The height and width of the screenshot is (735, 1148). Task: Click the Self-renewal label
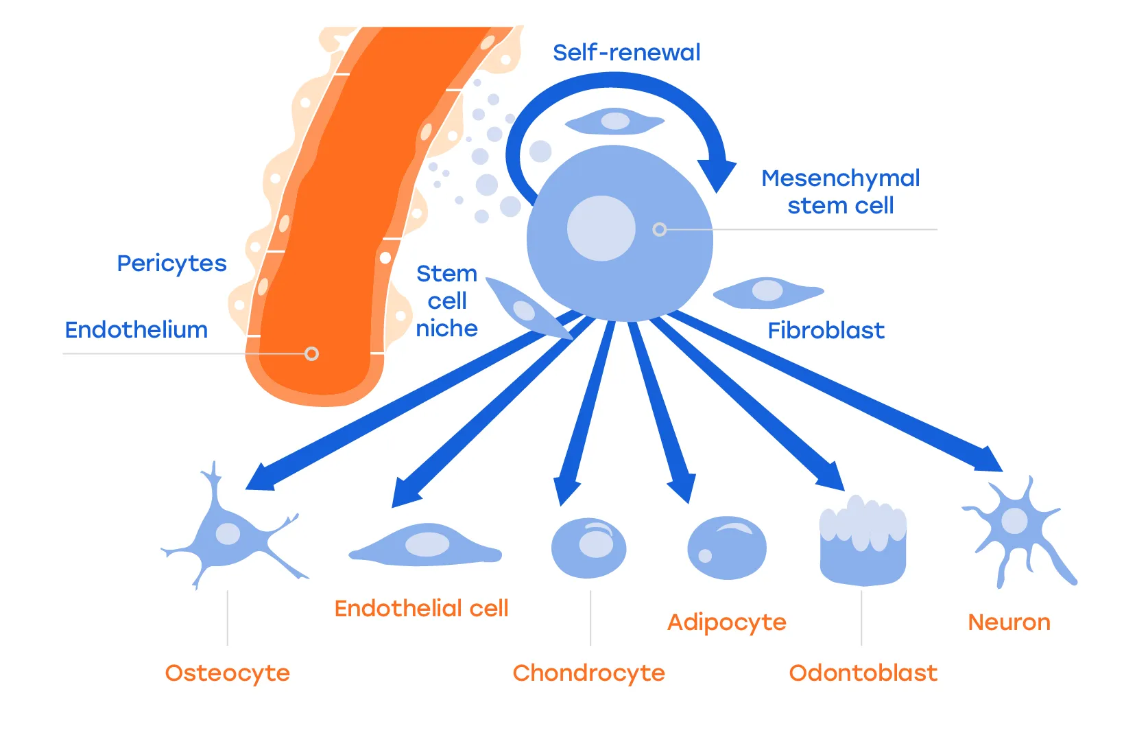click(626, 53)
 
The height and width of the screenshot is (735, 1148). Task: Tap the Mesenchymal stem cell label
click(840, 191)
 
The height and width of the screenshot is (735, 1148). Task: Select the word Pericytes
click(171, 264)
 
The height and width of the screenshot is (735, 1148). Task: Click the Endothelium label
click(136, 330)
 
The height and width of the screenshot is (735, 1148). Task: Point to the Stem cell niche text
click(447, 301)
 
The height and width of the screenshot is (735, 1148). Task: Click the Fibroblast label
click(826, 331)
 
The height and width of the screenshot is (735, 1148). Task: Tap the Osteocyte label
click(227, 673)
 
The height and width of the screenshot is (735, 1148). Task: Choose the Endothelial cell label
click(421, 609)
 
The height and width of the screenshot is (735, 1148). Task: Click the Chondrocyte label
click(588, 673)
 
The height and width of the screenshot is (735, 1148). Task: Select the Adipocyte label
click(726, 622)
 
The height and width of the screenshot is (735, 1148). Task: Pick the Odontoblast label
click(863, 673)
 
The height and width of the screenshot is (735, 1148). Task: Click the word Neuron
click(1009, 622)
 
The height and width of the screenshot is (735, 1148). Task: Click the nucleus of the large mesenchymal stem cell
click(601, 229)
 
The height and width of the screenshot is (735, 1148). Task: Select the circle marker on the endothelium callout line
click(311, 354)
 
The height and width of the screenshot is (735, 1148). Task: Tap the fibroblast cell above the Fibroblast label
click(767, 292)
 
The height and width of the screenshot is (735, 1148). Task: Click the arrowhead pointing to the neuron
click(989, 460)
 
